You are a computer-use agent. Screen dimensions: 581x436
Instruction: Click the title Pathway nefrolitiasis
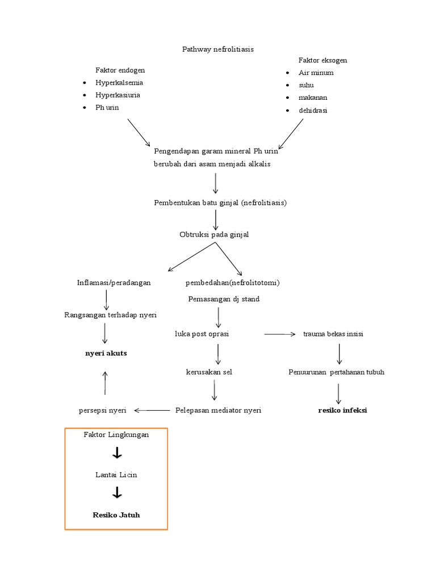pos(217,49)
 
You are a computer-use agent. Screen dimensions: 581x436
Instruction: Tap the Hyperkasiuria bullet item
pos(118,95)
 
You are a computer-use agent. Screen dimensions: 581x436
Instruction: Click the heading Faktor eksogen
pos(322,60)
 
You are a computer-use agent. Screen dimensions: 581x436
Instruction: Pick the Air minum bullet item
pos(316,73)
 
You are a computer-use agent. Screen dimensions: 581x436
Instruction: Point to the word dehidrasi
pos(313,111)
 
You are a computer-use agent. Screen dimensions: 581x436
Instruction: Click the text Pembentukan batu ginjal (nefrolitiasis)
pos(220,203)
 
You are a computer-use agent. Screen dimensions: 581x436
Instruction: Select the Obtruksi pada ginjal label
pos(214,234)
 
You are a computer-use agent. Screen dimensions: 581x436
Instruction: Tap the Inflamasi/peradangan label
pos(114,283)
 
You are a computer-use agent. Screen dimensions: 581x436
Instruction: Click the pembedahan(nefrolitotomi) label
pos(233,283)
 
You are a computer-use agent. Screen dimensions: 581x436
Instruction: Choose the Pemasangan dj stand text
pos(224,299)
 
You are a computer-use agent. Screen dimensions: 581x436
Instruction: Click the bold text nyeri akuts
pos(106,353)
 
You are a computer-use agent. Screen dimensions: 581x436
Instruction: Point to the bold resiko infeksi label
pos(342,410)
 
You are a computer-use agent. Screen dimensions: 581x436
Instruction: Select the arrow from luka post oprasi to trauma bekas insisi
pos(280,335)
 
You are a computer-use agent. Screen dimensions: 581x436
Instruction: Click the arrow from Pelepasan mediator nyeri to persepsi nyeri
pos(152,410)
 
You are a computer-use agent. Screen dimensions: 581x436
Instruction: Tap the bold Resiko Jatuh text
pos(116,515)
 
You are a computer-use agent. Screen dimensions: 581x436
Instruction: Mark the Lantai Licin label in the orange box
pos(116,475)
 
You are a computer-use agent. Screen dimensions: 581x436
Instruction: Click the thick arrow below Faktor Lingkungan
pos(117,453)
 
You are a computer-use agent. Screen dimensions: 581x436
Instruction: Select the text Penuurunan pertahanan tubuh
pos(336,372)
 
